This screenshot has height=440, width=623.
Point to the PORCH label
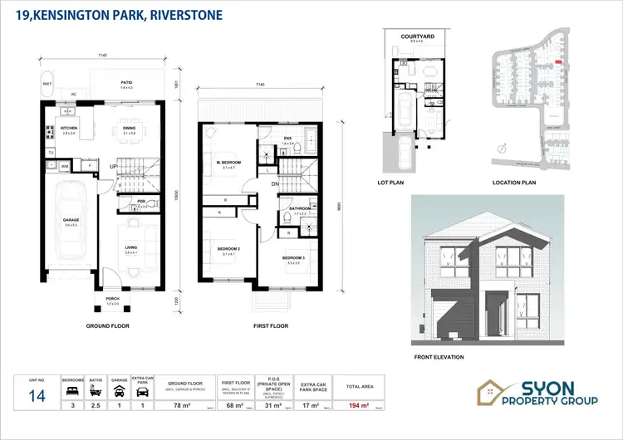tap(112, 301)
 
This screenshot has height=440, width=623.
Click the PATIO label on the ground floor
tap(125, 82)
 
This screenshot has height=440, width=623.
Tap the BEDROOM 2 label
tap(229, 248)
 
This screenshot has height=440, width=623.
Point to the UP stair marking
tap(113, 167)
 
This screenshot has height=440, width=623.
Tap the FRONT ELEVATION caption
tap(438, 357)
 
